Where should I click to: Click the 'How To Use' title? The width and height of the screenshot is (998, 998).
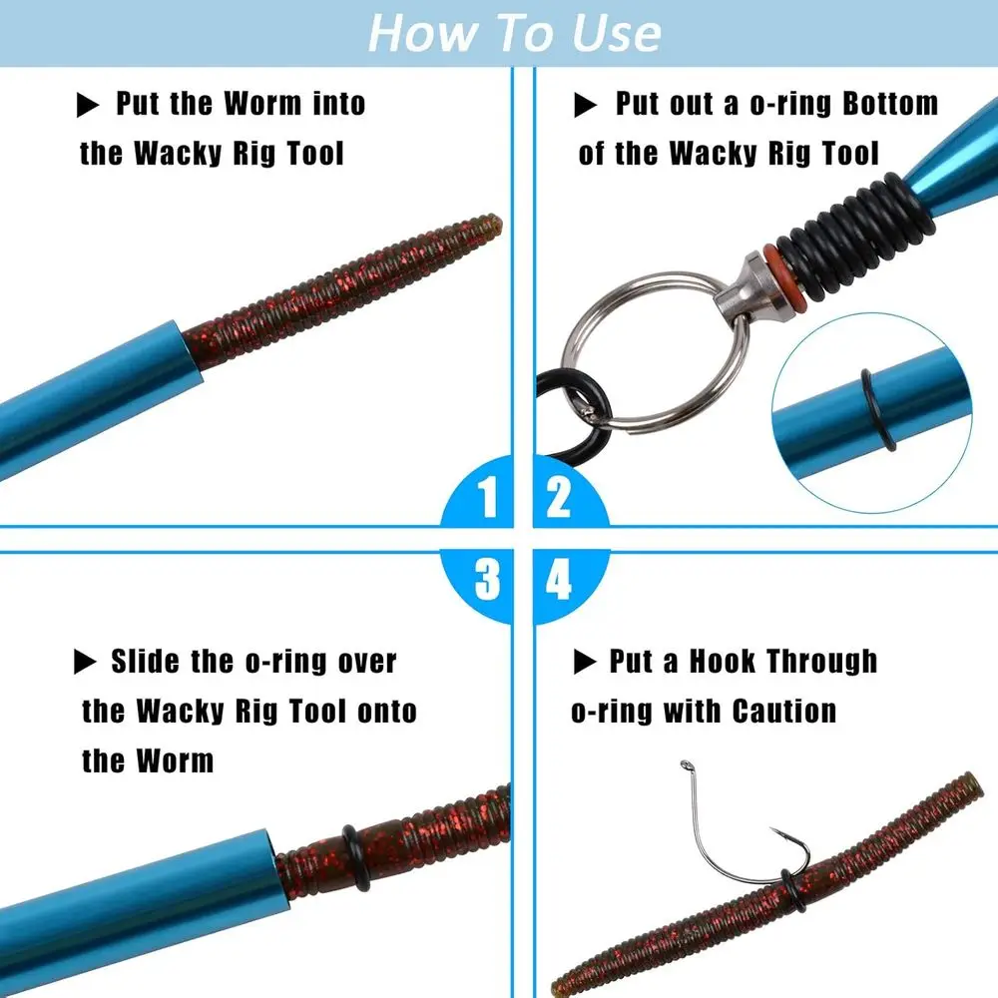point(514,32)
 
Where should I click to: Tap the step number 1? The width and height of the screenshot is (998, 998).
point(486,497)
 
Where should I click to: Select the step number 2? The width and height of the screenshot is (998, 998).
point(559,497)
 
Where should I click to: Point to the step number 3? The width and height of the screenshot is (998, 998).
point(486,580)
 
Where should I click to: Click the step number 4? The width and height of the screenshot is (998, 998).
point(559,580)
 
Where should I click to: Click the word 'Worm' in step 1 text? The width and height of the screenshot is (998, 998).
point(263,104)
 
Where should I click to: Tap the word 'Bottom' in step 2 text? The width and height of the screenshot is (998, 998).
point(890,104)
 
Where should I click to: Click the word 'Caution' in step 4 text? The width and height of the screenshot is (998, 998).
point(784,712)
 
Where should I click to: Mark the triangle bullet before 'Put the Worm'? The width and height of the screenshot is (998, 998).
point(89,104)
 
